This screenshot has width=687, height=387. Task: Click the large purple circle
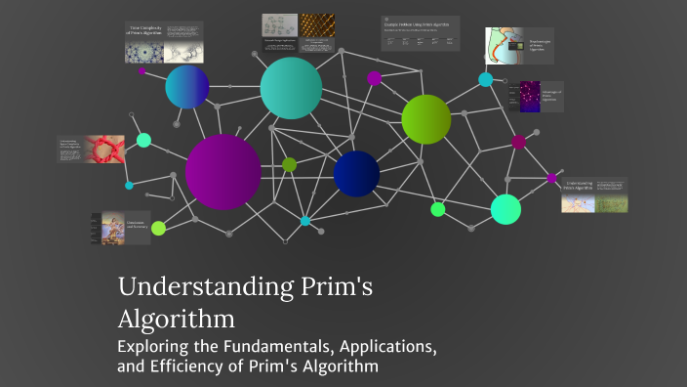pos(222,172)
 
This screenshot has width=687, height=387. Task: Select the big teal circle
pos(291,88)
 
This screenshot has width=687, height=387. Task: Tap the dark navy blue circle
pos(356,174)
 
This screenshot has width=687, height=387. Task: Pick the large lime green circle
pos(426,119)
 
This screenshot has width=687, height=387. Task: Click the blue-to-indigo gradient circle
pos(187,88)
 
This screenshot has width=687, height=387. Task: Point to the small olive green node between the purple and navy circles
pos(289,164)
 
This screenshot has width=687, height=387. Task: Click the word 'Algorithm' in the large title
pos(177,319)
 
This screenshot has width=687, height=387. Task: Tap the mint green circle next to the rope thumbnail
pos(143,140)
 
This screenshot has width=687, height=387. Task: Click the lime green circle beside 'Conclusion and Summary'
pos(158,228)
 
